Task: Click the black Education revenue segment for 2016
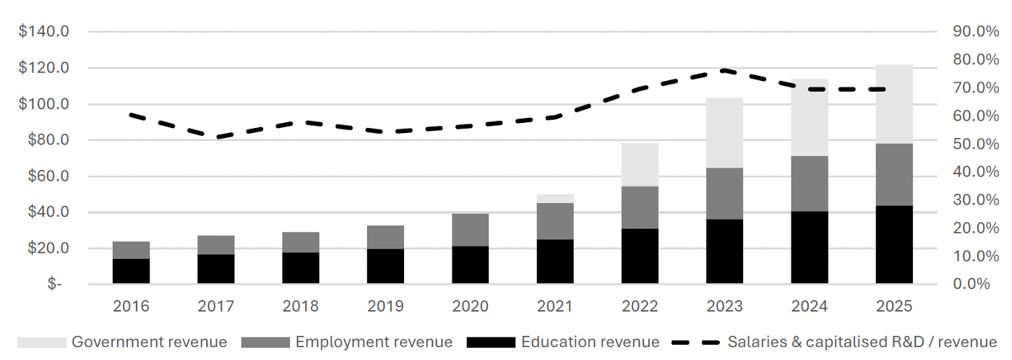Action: tap(131, 271)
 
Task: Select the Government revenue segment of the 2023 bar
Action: tap(724, 133)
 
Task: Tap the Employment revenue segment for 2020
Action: tap(471, 230)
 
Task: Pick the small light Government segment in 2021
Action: tap(555, 199)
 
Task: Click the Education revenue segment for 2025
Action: tap(894, 245)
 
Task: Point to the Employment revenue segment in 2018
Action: tap(301, 242)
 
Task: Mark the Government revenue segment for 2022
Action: tap(640, 165)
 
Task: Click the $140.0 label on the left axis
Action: tap(44, 31)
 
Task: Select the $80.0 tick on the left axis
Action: tap(48, 140)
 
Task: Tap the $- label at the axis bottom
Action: tap(55, 283)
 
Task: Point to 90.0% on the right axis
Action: tap(976, 31)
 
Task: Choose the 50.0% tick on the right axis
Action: tap(976, 144)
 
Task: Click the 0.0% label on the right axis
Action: tap(972, 283)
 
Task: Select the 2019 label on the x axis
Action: tap(385, 307)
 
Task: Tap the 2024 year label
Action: tap(809, 307)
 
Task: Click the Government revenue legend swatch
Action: tap(42, 343)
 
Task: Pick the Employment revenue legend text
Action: tap(374, 342)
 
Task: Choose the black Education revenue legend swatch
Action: tap(491, 343)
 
